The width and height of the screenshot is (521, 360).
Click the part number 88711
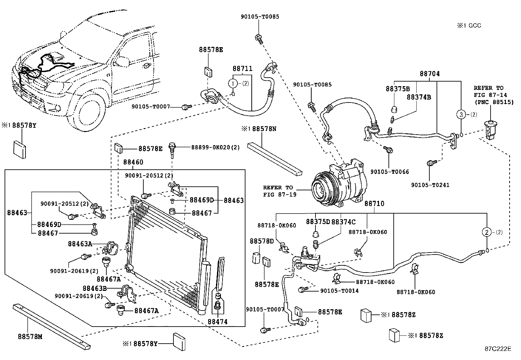(x=243, y=69)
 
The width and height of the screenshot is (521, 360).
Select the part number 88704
(x=430, y=74)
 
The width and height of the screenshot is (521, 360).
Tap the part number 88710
(x=374, y=204)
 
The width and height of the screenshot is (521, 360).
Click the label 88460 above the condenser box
(x=133, y=162)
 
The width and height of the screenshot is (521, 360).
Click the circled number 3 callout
(x=461, y=115)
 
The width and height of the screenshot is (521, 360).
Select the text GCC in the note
(x=475, y=26)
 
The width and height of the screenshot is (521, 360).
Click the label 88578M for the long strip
(x=30, y=336)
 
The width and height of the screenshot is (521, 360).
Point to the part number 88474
(x=217, y=322)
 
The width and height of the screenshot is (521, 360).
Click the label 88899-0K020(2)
(x=215, y=148)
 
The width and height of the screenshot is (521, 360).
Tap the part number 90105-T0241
(x=430, y=185)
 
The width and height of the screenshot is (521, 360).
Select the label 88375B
(x=398, y=89)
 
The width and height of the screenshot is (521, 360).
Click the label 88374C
(x=343, y=222)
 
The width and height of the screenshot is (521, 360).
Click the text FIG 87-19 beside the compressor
(x=279, y=194)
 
